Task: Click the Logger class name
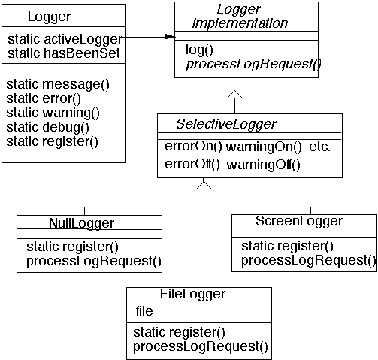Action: (49, 17)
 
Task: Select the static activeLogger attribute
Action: (64, 40)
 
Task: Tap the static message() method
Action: (57, 84)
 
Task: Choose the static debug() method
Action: (52, 127)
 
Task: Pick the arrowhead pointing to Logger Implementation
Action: (169, 36)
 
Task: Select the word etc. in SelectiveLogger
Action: (319, 147)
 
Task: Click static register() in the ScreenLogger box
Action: (287, 247)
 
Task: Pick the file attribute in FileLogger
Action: (144, 310)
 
